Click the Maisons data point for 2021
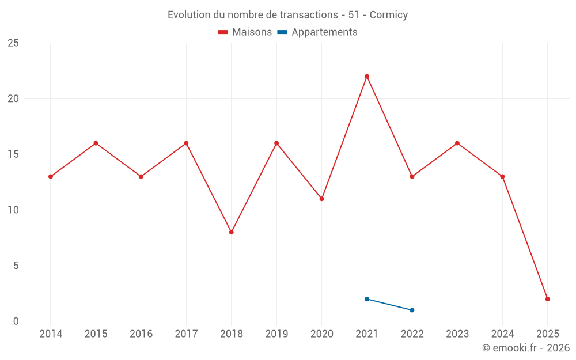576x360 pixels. (367, 77)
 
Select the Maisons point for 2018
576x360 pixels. (232, 232)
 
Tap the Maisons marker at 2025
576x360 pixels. (548, 299)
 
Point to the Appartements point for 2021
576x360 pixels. (367, 299)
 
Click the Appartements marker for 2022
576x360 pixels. (412, 310)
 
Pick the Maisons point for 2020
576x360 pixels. (321, 199)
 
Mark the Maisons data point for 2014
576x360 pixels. (51, 176)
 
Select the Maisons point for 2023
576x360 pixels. (457, 143)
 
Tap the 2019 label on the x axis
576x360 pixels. (276, 334)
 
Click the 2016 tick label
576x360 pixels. (141, 334)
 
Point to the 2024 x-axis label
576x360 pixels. (502, 334)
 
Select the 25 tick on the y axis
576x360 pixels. (13, 43)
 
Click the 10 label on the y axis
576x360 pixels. (13, 210)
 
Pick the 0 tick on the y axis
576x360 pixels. (16, 321)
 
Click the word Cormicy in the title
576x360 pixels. (389, 15)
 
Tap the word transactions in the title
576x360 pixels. (310, 15)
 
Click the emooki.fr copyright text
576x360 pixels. (526, 348)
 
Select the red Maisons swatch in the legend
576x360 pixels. (223, 32)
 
